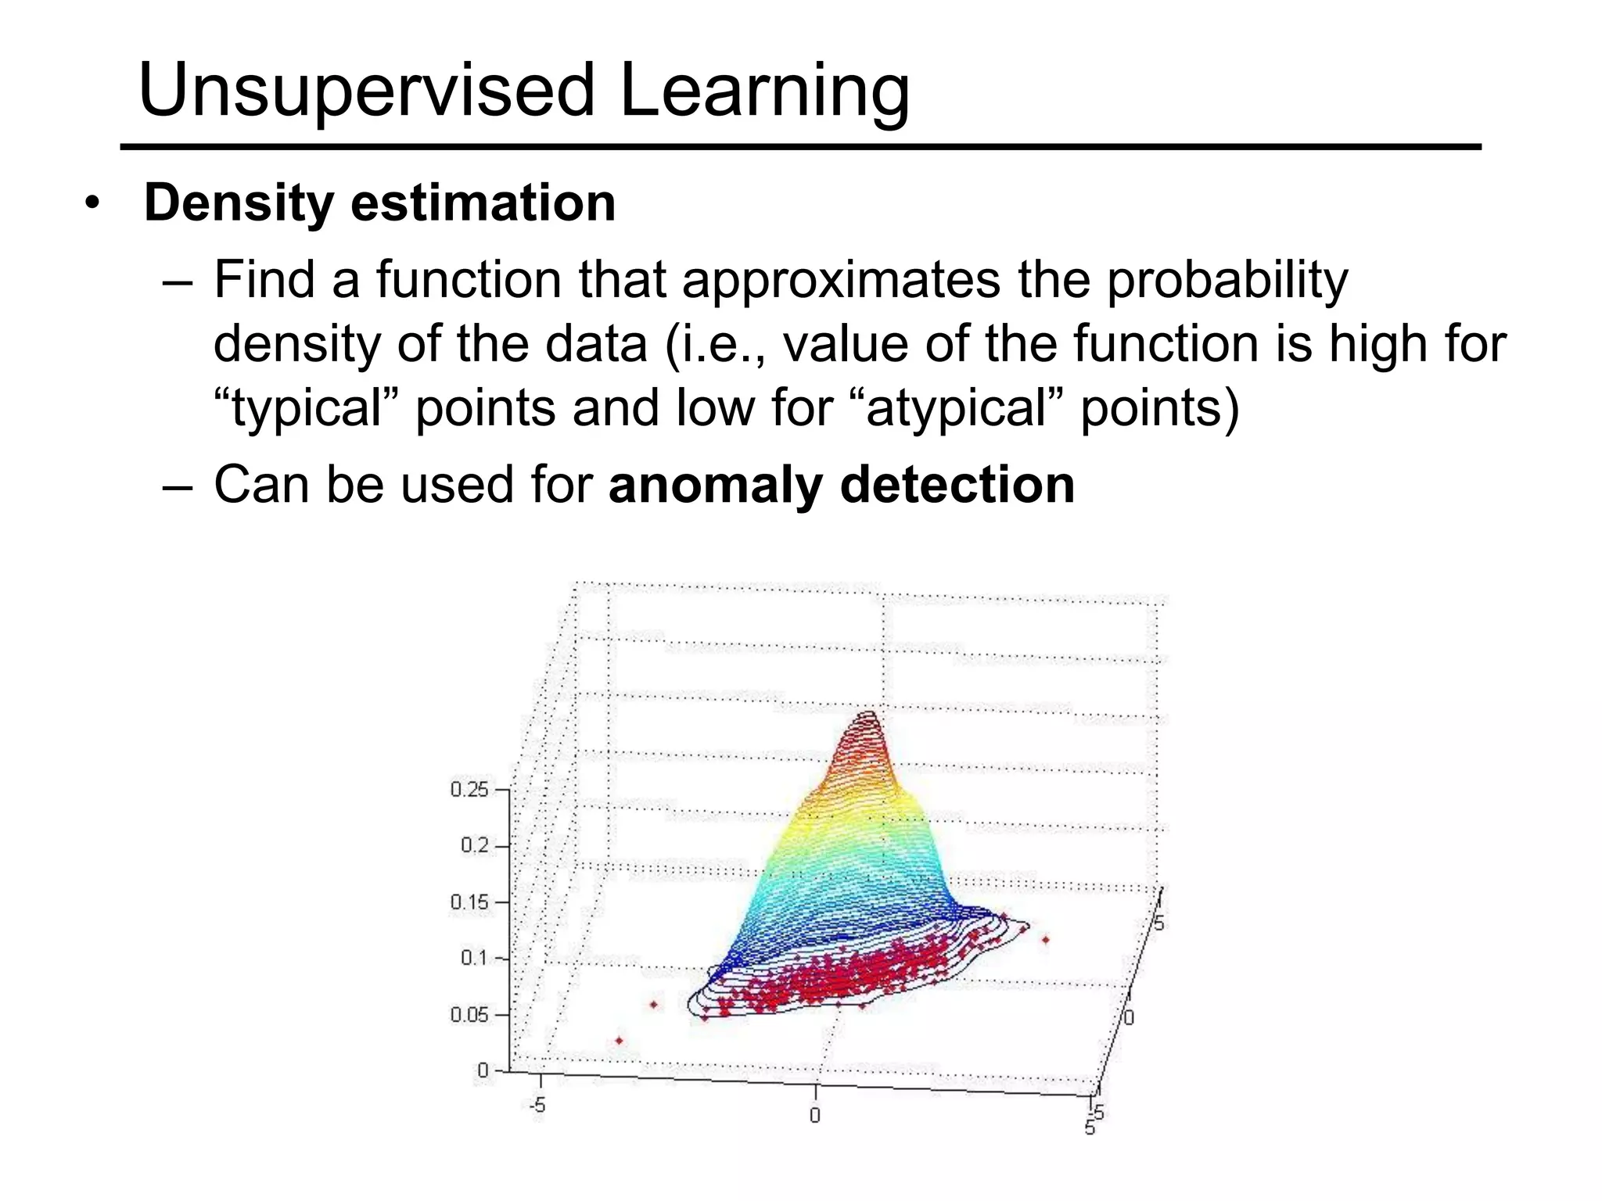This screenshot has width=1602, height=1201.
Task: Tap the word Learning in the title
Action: click(764, 92)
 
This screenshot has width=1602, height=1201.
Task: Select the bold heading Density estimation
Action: click(379, 203)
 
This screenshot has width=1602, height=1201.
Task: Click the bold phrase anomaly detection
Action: click(841, 485)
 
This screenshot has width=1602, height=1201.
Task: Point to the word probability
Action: click(1227, 280)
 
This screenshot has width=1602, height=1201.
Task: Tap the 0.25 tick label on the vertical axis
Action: click(469, 789)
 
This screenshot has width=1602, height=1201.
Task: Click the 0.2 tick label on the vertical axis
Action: click(474, 845)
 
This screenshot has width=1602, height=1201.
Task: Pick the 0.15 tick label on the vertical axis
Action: click(469, 902)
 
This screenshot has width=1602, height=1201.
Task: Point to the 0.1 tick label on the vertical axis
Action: click(474, 958)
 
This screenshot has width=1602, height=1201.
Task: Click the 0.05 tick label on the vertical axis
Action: click(469, 1014)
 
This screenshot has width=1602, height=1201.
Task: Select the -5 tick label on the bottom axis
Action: click(537, 1106)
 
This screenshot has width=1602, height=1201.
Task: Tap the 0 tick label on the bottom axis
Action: click(814, 1115)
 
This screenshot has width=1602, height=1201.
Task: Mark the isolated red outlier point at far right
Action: click(1046, 940)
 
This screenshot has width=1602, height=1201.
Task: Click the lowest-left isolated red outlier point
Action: click(620, 1041)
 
